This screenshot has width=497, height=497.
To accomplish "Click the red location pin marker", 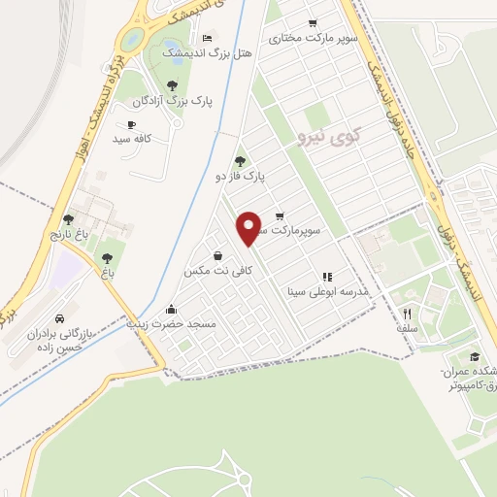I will (250, 227).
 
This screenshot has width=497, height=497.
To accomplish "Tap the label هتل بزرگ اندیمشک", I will (207, 52).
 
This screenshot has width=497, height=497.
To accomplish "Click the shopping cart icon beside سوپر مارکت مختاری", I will (313, 23).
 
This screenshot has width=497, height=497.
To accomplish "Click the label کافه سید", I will (135, 139).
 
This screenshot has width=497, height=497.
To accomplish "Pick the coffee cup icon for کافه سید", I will (131, 124).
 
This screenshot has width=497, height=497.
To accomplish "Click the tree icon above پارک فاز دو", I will (240, 161).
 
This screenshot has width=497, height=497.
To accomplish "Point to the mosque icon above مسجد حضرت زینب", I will (172, 309).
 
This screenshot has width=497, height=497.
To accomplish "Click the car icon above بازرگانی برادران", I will (60, 318).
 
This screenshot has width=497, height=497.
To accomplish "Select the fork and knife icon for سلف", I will (408, 314).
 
